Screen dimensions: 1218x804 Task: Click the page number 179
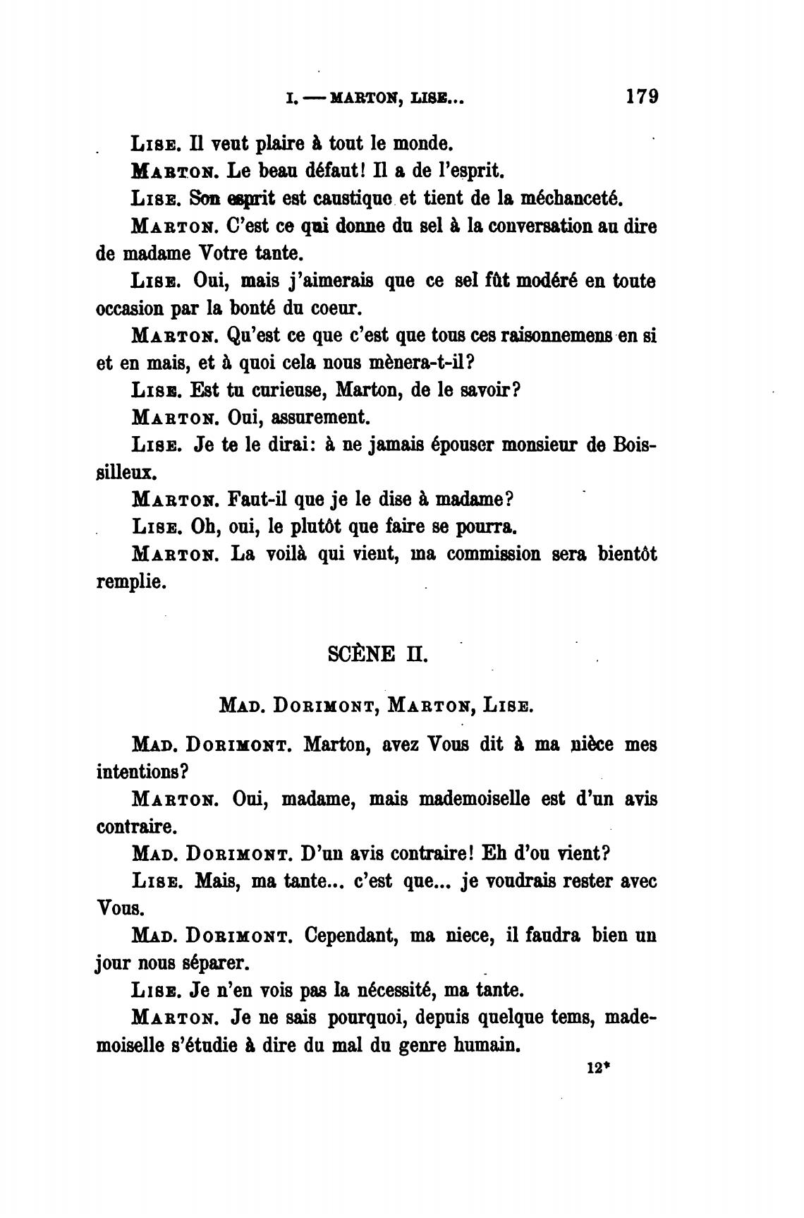[x=641, y=96]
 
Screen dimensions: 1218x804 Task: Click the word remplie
[x=130, y=583]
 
